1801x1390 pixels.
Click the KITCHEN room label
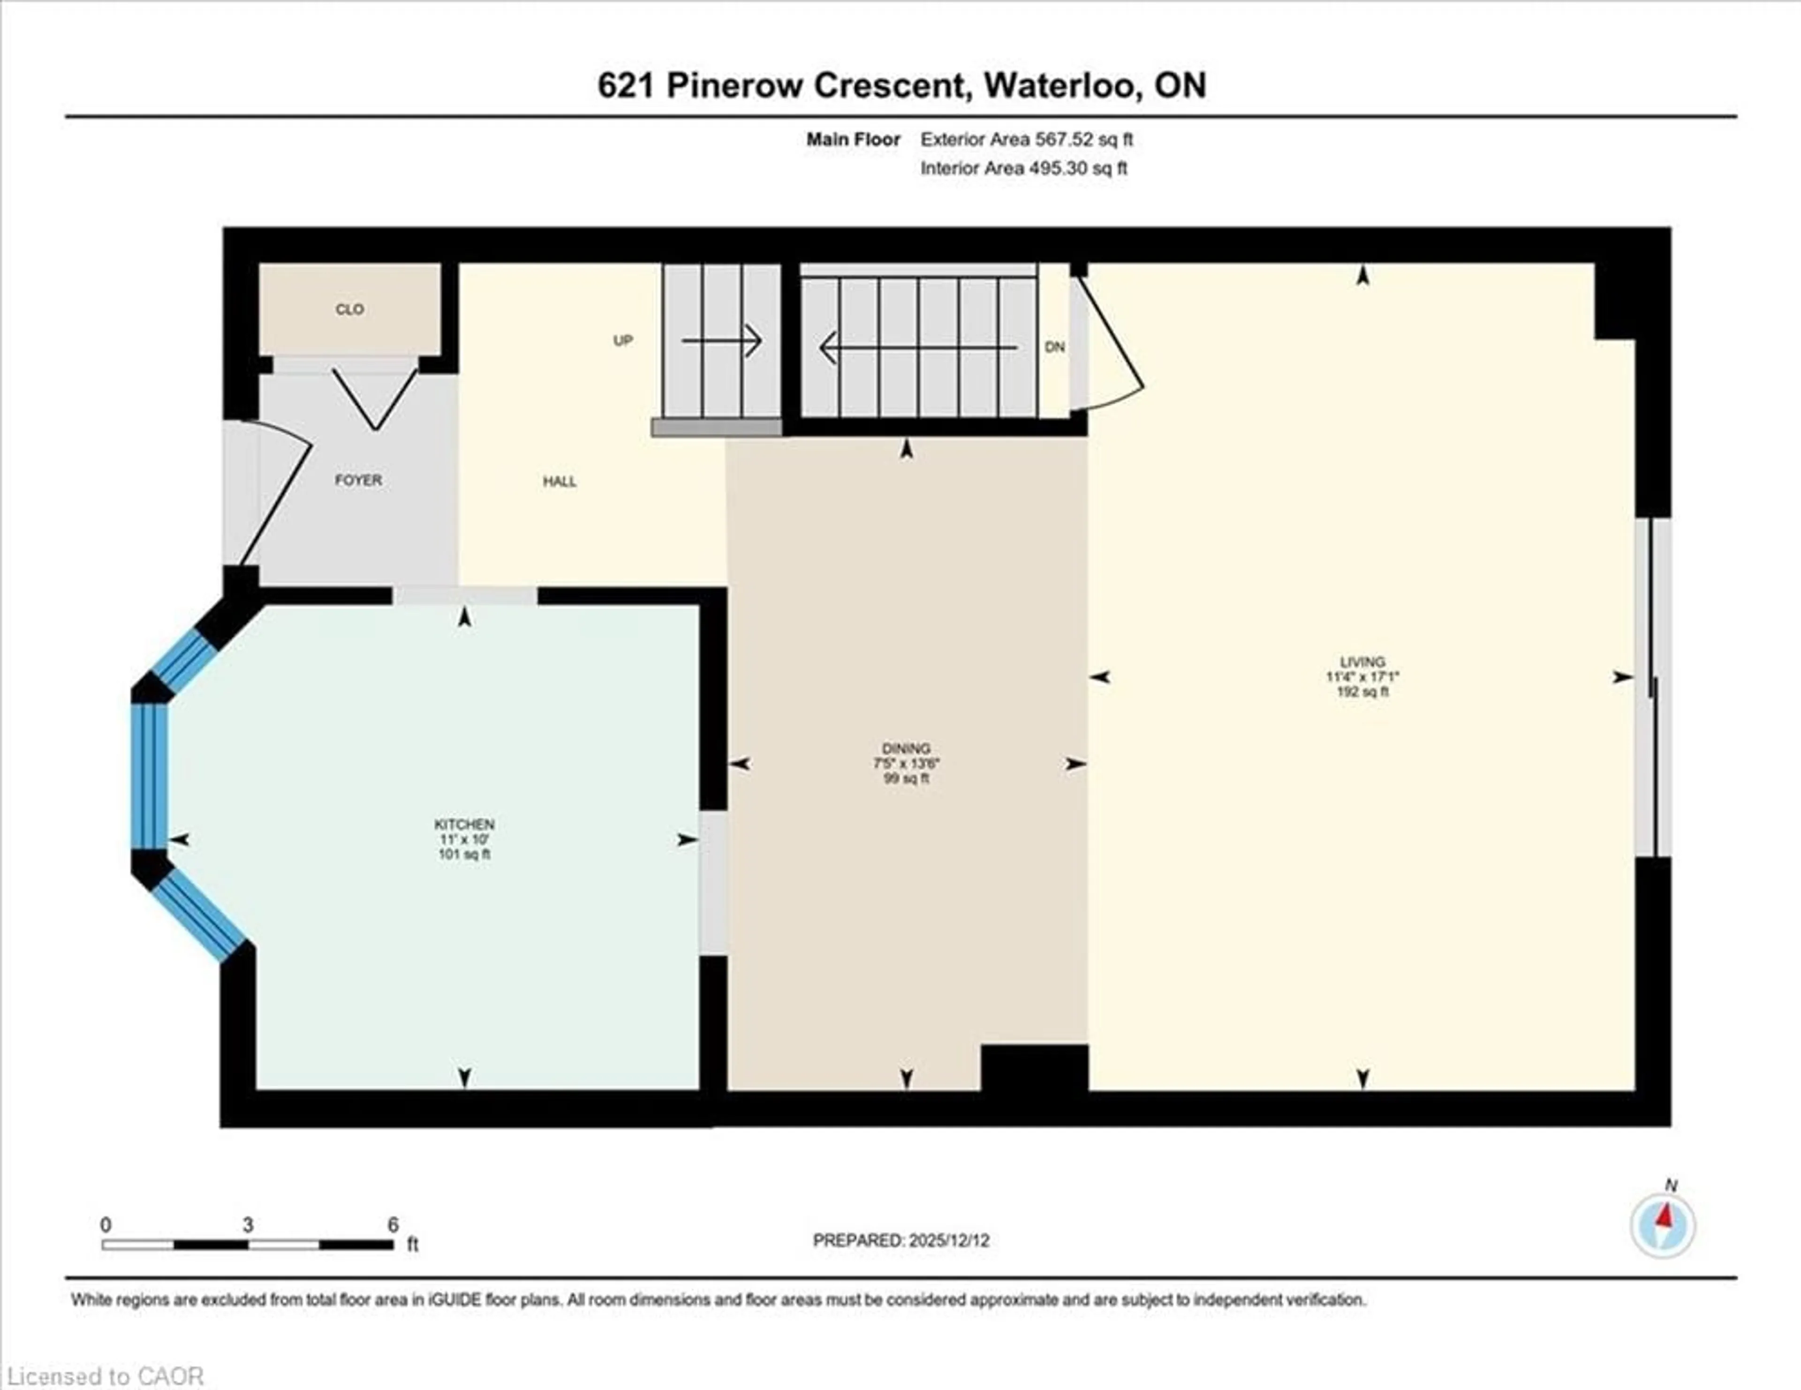pos(464,823)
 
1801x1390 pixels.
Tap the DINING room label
pos(906,748)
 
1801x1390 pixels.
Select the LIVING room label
pos(1362,661)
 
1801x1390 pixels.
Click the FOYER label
pos(358,480)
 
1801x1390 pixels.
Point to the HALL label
pos(559,482)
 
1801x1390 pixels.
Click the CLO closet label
pos(349,309)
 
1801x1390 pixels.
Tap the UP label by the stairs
pos(622,340)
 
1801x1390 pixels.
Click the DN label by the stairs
pos(1055,347)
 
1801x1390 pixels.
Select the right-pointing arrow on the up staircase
pos(721,340)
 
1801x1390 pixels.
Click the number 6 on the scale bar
pos(393,1225)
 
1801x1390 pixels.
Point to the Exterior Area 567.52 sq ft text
pos(1027,139)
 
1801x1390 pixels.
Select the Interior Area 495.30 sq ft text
pos(1023,168)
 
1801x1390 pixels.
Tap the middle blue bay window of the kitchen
pos(149,775)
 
